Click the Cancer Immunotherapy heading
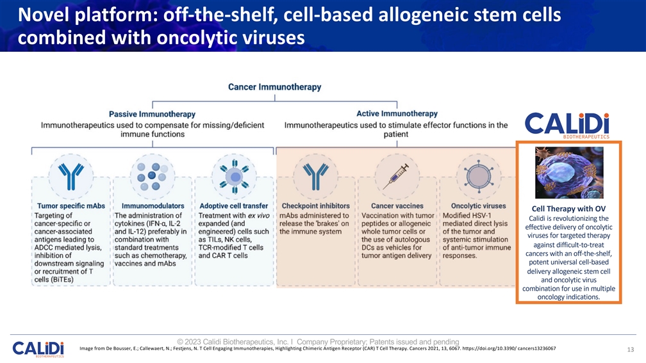(x=275, y=87)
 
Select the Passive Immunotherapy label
(x=152, y=114)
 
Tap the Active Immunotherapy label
(x=397, y=113)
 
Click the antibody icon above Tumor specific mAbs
(x=71, y=177)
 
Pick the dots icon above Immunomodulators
(x=153, y=177)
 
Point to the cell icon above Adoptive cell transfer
(x=234, y=177)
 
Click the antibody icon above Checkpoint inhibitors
(x=315, y=177)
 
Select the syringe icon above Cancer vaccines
(x=396, y=176)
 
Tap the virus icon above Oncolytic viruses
(x=478, y=177)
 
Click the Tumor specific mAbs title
(x=71, y=206)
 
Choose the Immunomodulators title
(x=153, y=206)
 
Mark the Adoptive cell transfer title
(x=233, y=206)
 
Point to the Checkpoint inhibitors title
(x=315, y=206)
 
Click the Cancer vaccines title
(x=397, y=206)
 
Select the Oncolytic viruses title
(x=478, y=206)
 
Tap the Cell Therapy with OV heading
(x=568, y=209)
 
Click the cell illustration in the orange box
(x=569, y=173)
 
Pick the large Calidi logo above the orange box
(x=567, y=125)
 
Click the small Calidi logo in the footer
(x=38, y=349)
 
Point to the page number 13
(x=631, y=350)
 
